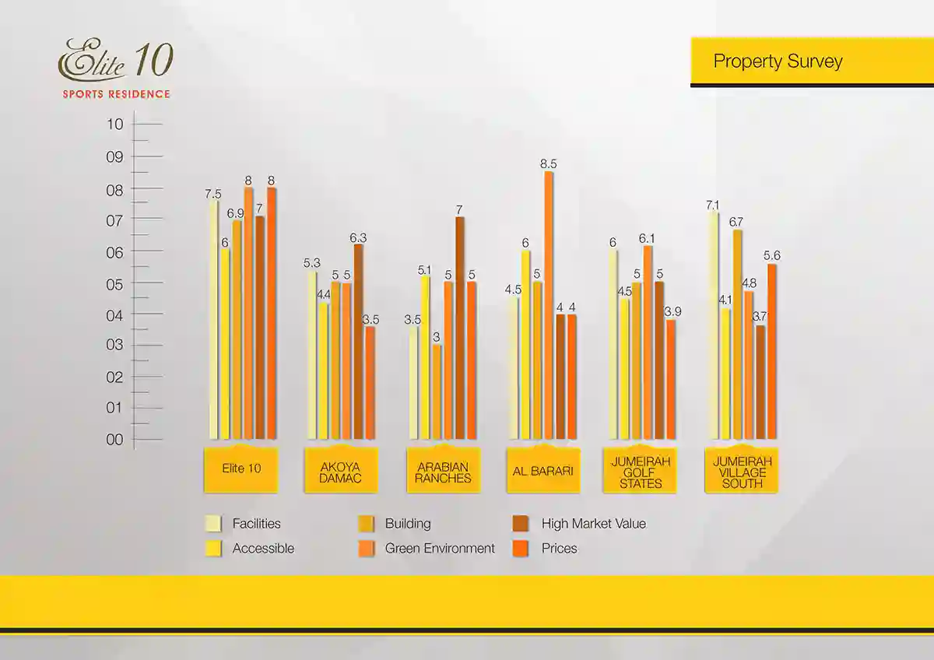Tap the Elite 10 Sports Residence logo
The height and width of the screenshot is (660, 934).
(x=115, y=69)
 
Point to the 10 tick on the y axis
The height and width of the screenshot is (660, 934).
(x=114, y=124)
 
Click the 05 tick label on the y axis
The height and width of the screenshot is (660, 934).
(x=114, y=284)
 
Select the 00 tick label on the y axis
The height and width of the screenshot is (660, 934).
(x=114, y=440)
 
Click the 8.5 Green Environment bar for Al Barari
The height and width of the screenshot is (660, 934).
(x=549, y=304)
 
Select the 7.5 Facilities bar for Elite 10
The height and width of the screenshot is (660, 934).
(x=213, y=319)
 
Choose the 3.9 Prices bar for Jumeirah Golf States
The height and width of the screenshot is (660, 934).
(x=671, y=379)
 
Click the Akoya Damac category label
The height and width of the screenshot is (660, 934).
(x=340, y=472)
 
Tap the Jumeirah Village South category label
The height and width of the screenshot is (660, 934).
(x=742, y=472)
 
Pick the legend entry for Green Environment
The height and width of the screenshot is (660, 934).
(x=440, y=548)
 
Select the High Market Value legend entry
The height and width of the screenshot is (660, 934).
(x=593, y=524)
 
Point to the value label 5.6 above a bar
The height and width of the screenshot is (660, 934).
(x=771, y=255)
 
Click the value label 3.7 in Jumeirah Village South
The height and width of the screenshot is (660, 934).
(x=760, y=317)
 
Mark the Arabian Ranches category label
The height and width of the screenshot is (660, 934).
(x=443, y=472)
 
